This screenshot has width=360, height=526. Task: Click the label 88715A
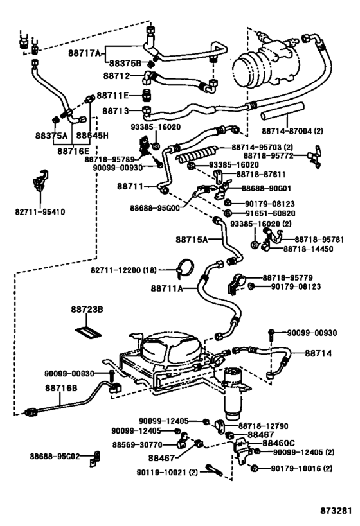point(192,239)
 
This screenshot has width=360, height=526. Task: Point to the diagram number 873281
point(337,512)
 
